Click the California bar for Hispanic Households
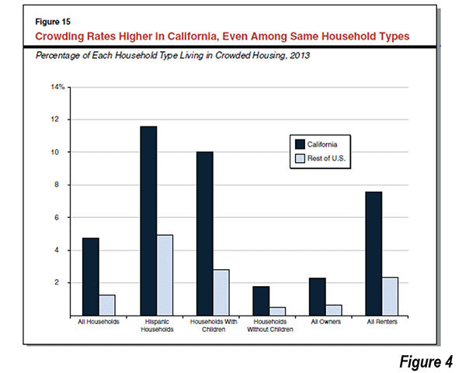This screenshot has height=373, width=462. (148, 221)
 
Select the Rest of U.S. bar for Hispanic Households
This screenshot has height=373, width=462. (165, 275)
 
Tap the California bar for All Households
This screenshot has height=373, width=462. (91, 277)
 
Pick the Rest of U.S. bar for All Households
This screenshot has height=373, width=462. (107, 306)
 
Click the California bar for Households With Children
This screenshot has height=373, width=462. (205, 234)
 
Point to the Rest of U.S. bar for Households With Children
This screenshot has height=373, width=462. (221, 292)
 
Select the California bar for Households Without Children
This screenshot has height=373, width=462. (261, 301)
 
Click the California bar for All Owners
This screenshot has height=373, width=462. (318, 297)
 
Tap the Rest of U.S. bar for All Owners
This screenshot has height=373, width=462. (334, 310)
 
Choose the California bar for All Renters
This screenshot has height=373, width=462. (373, 254)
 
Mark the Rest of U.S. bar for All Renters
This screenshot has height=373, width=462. (390, 296)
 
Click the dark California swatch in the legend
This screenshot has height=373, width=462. (300, 144)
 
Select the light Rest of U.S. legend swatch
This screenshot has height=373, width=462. (300, 158)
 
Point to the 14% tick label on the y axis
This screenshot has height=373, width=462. (57, 87)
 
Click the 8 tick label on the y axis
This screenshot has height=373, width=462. (56, 185)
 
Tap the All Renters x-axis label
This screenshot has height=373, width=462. (382, 322)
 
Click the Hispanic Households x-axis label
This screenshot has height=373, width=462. (157, 326)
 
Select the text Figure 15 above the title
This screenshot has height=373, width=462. (53, 22)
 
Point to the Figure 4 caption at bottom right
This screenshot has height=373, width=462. (426, 361)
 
